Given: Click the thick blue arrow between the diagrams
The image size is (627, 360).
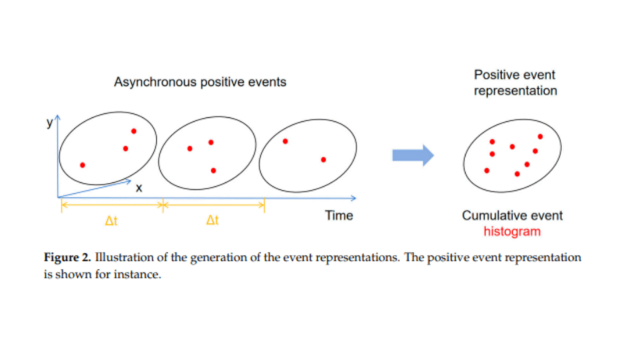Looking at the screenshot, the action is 413,155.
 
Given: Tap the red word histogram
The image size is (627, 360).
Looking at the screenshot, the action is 512,232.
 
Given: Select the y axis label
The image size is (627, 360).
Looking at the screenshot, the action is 49,123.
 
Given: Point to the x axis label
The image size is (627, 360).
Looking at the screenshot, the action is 139,188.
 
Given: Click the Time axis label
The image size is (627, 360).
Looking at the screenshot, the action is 338,215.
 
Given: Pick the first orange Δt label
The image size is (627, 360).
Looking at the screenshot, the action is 111,221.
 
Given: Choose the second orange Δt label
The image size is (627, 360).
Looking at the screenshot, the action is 212,220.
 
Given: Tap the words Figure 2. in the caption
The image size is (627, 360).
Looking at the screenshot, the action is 67,257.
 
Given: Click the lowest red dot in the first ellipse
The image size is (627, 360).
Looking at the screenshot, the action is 82,165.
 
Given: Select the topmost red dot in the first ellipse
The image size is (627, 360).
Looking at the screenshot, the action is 134,131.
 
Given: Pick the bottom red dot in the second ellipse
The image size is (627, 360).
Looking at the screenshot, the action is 213,171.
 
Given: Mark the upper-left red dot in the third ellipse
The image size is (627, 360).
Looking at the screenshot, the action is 285,141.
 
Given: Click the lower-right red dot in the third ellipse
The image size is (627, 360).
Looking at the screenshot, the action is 323,160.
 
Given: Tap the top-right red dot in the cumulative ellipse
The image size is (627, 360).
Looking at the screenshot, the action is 540,137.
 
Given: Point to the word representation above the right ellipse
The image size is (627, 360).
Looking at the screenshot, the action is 516,91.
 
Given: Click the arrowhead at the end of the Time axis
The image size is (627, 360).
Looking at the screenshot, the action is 354,198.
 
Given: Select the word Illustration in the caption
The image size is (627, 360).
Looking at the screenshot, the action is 124,257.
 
